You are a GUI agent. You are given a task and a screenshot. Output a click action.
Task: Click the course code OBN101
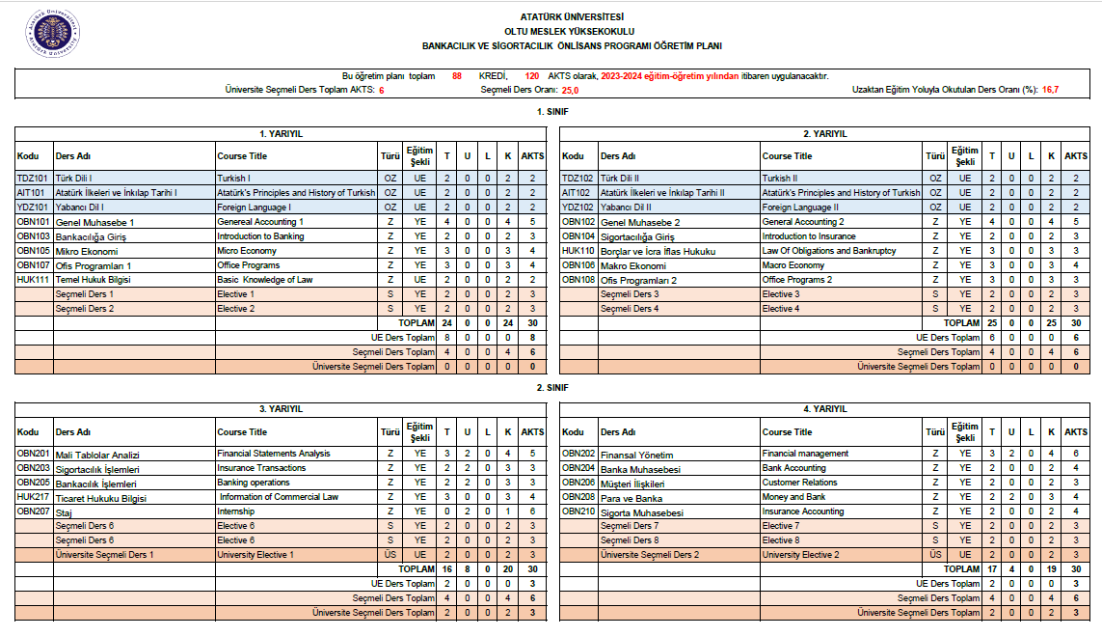tap(33, 222)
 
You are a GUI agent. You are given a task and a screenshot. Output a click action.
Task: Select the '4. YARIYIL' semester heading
tap(824, 409)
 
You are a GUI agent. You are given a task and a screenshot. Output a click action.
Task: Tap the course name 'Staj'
tap(64, 512)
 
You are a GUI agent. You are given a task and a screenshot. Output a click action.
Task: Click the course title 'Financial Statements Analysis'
tap(274, 454)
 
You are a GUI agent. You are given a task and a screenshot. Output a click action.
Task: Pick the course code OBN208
tap(578, 497)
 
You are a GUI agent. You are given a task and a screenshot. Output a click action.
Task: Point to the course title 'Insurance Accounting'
tap(803, 512)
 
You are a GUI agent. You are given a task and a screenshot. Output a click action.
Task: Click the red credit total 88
tap(457, 75)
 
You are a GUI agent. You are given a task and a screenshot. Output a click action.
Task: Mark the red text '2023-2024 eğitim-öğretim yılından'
tap(669, 75)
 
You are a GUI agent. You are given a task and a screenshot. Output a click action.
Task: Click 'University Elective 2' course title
tap(800, 555)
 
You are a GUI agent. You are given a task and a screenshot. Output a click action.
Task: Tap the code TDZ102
tap(578, 179)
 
